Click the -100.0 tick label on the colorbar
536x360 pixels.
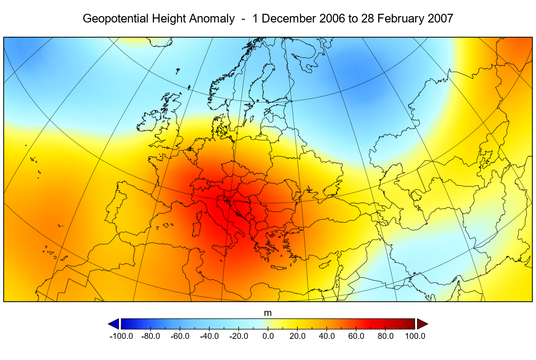[x=121, y=336]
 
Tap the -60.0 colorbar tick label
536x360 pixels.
[x=180, y=336]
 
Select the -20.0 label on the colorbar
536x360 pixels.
[x=239, y=336]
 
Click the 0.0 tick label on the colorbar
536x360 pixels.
[x=268, y=336]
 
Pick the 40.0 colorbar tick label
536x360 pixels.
[x=327, y=336]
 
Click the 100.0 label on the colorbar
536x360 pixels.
[x=414, y=336]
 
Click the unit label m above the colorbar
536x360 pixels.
[x=268, y=313]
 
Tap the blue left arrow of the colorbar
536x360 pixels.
[x=113, y=324]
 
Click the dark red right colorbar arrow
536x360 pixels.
[x=422, y=324]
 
